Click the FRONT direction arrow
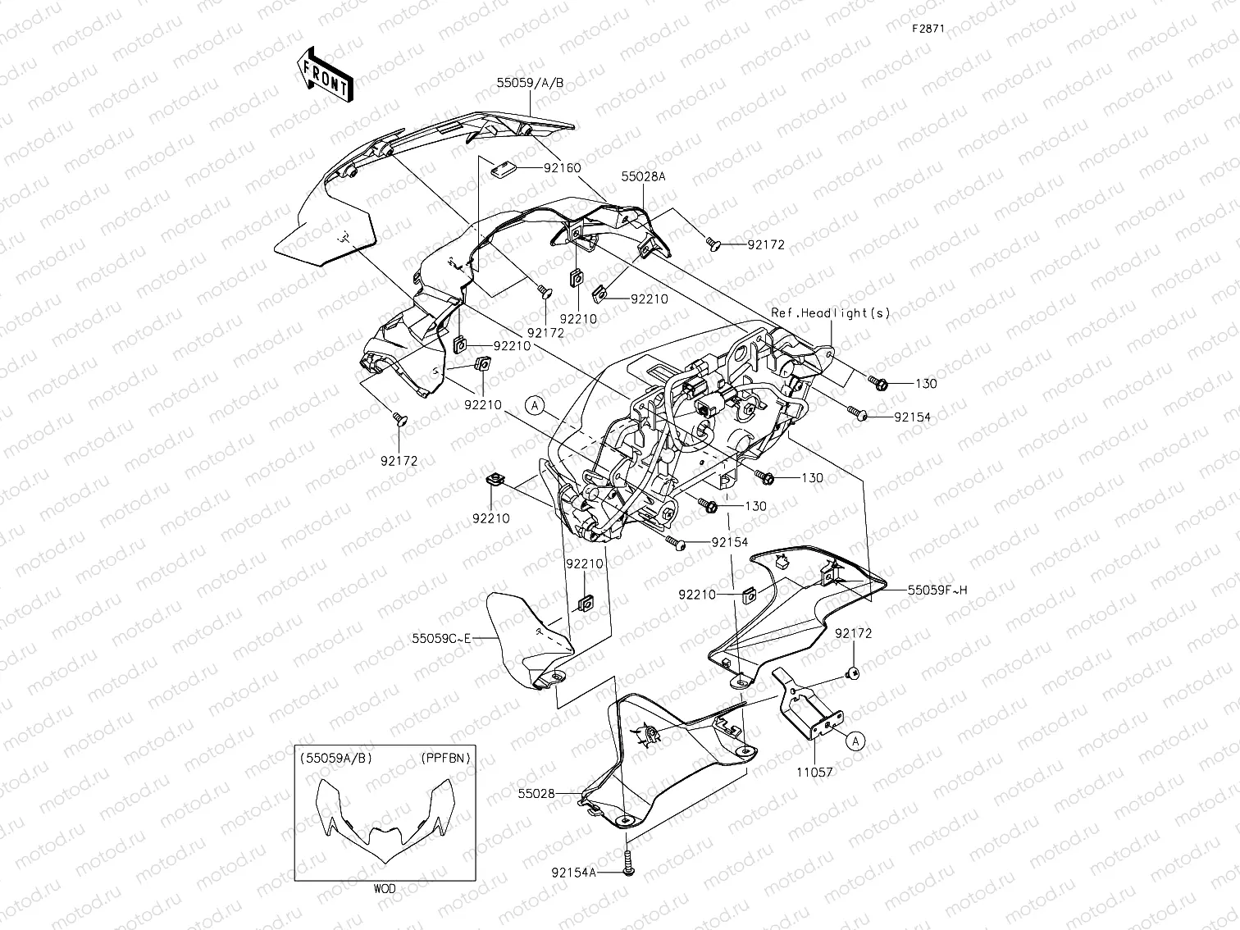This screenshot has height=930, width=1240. (325, 75)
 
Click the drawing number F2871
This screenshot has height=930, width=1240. (929, 28)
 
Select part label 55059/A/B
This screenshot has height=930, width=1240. (530, 83)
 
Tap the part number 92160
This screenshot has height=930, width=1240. (562, 168)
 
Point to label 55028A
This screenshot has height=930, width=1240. (643, 176)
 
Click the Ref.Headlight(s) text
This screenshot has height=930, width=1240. (831, 312)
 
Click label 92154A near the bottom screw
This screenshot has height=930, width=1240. (574, 872)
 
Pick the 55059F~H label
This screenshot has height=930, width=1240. (937, 590)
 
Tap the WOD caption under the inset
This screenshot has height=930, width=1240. (385, 888)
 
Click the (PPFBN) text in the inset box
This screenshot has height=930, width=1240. (446, 758)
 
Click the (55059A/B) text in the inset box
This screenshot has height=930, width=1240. (336, 758)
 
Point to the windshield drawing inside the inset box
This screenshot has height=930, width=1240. (385, 820)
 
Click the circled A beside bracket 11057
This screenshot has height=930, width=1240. (855, 741)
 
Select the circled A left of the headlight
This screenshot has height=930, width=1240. (535, 404)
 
